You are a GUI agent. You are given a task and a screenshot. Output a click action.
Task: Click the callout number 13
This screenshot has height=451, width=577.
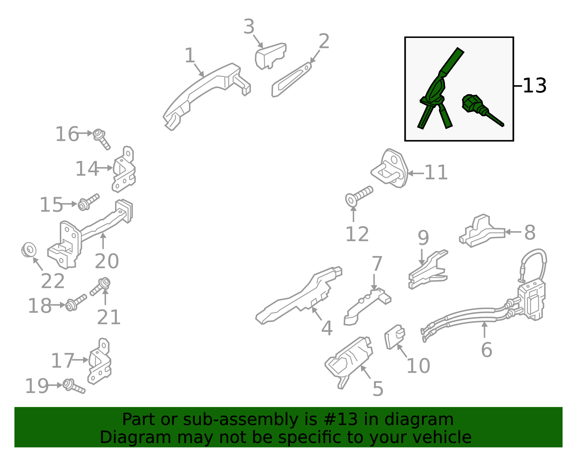point(534,86)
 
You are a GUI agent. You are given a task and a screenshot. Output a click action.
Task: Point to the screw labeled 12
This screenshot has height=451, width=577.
point(359,196)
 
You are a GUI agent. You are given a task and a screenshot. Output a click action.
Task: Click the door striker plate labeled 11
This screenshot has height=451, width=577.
point(389,168)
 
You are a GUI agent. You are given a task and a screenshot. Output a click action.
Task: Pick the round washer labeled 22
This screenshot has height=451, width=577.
point(29,250)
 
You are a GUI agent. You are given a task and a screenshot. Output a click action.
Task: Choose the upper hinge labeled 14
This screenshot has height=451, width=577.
point(124,169)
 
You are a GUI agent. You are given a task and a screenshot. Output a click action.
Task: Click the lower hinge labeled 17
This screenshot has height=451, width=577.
point(100,361)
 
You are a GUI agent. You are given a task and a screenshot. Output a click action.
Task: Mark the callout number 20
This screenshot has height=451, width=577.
point(106,261)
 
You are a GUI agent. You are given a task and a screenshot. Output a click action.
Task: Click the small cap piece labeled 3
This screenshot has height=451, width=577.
point(270,56)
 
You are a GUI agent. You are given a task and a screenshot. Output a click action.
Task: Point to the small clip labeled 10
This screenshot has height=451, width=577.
point(395,337)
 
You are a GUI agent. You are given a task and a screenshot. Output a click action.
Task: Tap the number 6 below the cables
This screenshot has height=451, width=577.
point(486,350)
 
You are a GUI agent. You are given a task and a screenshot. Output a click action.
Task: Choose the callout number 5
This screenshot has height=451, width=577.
point(378,389)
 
